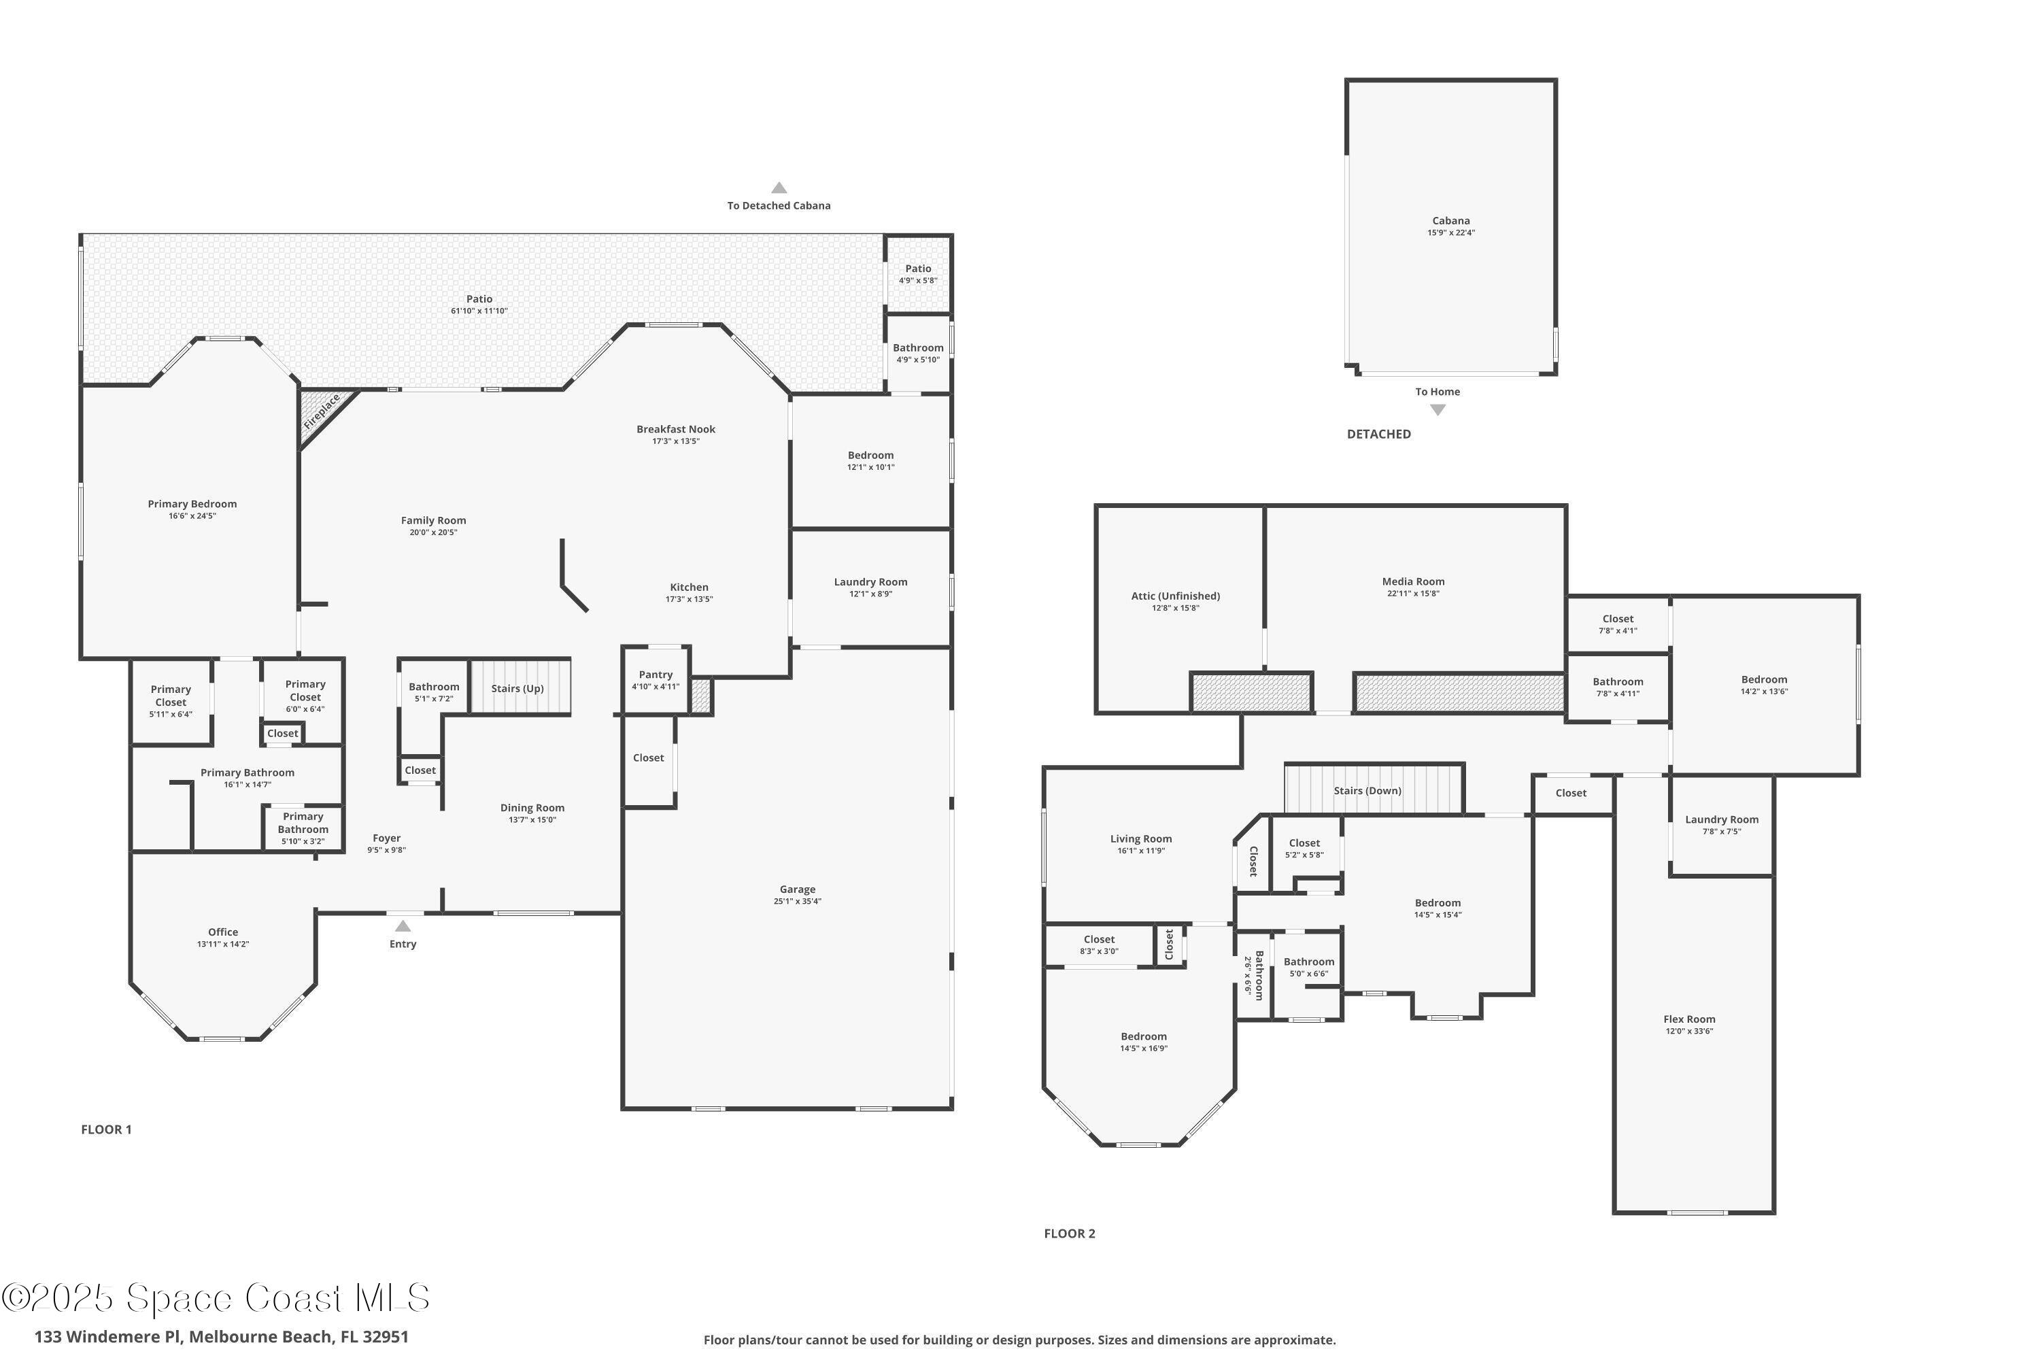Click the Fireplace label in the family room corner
tap(322, 412)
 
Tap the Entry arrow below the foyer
tap(403, 926)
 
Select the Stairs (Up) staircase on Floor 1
tap(519, 687)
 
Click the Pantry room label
tap(656, 674)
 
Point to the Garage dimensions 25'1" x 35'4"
tap(797, 901)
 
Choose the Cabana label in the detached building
tap(1450, 220)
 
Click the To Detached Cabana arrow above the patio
tap(779, 188)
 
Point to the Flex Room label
tap(1688, 1019)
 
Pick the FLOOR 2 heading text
tap(1070, 1234)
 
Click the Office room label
tap(223, 932)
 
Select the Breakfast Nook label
tap(676, 428)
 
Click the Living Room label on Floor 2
tap(1140, 838)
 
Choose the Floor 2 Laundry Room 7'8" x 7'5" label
tap(1722, 819)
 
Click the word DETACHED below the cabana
tap(1378, 434)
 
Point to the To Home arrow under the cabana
tap(1438, 409)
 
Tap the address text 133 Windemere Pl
tap(108, 1337)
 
